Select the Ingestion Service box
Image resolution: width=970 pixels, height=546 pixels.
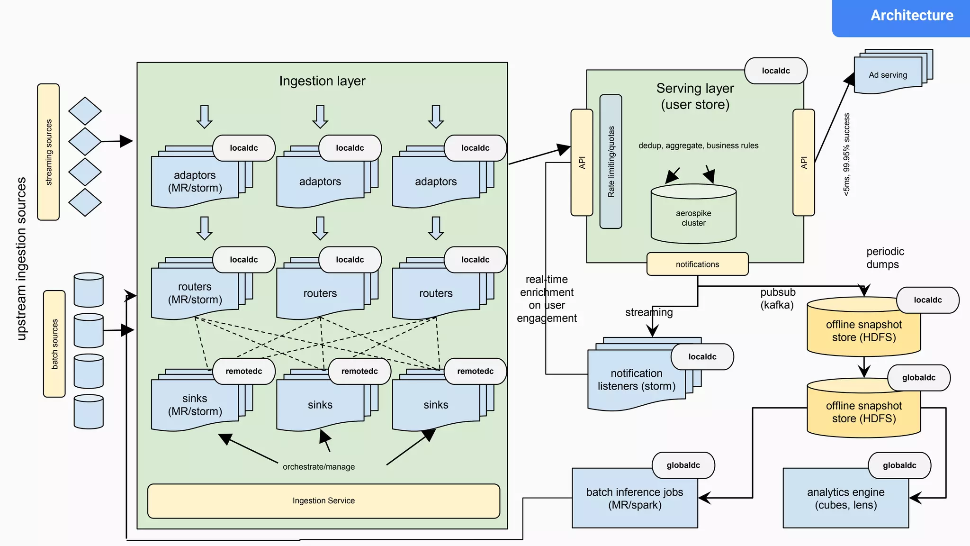[323, 501]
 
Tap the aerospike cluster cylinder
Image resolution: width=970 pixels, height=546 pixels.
[693, 216]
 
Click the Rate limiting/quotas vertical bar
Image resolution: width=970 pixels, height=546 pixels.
[611, 162]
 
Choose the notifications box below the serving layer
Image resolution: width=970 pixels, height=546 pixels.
[697, 264]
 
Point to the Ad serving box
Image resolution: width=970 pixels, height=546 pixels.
[888, 75]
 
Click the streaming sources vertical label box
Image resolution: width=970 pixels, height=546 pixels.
[48, 152]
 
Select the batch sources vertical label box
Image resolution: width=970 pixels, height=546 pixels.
[54, 344]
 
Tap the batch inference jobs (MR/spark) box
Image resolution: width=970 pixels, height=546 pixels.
[635, 499]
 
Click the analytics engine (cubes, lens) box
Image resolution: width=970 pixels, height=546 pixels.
[845, 499]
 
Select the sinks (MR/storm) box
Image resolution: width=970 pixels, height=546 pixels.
[195, 405]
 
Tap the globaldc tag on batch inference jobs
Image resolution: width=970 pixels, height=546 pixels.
[683, 465]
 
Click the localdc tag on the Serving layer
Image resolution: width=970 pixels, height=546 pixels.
[776, 71]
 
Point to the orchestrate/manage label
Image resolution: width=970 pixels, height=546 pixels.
[319, 467]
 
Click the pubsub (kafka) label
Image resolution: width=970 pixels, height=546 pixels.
[777, 299]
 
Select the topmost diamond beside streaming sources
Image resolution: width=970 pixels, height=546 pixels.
[85, 111]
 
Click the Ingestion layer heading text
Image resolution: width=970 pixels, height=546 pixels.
[322, 81]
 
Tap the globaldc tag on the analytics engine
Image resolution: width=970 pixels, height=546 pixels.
[899, 465]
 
